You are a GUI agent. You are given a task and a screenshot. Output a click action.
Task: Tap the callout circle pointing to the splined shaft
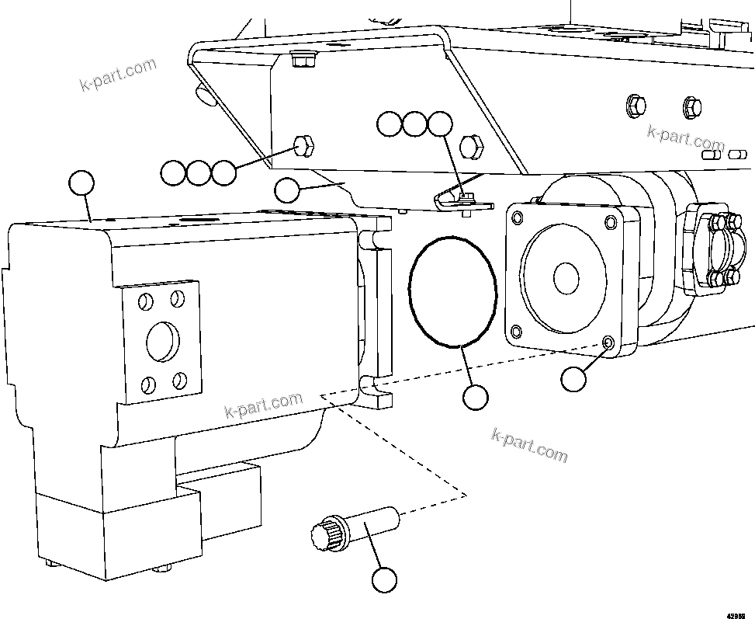pyautogui.click(x=384, y=579)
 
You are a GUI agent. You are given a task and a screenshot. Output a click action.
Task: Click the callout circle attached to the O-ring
pyautogui.click(x=475, y=398)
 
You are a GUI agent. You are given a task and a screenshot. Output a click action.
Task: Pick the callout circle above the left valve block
pyautogui.click(x=81, y=183)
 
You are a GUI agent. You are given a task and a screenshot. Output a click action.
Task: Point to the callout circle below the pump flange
pyautogui.click(x=573, y=379)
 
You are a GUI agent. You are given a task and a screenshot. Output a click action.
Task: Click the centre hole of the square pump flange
pyautogui.click(x=566, y=276)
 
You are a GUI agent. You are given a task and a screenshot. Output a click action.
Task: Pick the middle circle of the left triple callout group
pyautogui.click(x=199, y=172)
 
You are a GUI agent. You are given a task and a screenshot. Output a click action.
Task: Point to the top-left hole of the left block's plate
pyautogui.click(x=144, y=301)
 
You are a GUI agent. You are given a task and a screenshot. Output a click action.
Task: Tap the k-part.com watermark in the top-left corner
pyautogui.click(x=118, y=74)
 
